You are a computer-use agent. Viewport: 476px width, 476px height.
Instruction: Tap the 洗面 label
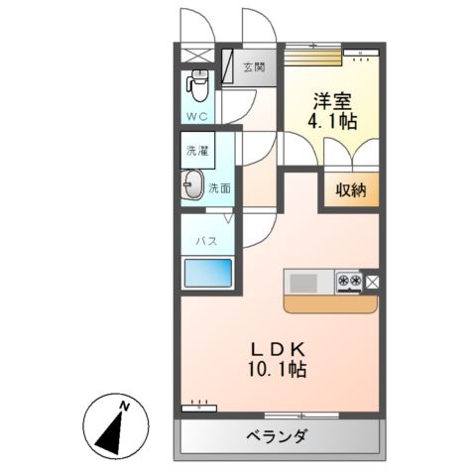point(219,187)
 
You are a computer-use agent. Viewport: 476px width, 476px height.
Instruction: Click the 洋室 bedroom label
point(334,101)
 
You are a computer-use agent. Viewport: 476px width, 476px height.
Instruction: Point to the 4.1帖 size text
point(334,122)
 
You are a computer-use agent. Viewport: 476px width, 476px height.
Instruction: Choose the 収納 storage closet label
point(349,190)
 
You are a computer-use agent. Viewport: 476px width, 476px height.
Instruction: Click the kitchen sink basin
point(305,282)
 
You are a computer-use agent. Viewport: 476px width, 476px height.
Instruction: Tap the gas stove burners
point(349,282)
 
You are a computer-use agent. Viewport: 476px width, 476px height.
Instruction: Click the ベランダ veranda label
point(278,436)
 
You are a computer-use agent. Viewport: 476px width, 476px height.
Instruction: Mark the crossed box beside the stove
point(373,282)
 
